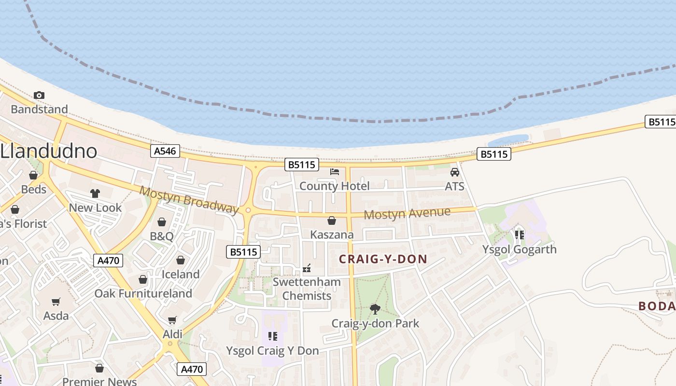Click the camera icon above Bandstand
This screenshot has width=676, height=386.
39,95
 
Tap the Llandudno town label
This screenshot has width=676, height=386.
48,151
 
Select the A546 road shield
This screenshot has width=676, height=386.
165,151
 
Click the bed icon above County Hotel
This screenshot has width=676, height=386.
335,172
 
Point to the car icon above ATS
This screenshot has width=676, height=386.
454,172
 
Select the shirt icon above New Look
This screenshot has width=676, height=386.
95,193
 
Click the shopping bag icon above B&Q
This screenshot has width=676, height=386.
162,222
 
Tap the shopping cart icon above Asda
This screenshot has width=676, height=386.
56,302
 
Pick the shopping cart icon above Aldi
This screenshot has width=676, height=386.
172,320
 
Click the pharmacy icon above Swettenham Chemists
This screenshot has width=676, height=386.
307,268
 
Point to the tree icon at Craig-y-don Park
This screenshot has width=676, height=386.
375,309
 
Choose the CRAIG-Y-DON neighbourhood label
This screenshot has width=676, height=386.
383,259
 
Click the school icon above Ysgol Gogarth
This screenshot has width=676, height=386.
520,235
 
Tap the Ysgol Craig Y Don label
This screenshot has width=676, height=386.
272,351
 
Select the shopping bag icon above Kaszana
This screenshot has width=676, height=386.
332,221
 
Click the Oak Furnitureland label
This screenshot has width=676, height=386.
143,293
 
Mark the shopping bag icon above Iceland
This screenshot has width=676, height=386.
181,260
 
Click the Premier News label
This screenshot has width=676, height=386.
99,381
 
